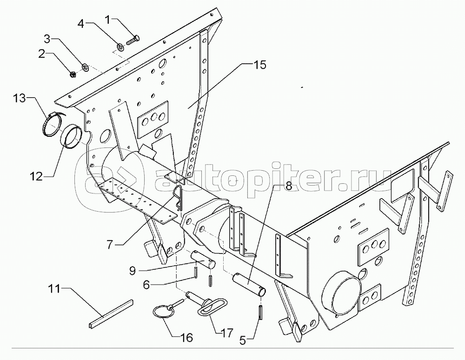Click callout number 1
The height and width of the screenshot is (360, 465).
tap(108, 20)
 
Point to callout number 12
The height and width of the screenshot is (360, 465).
tap(36, 176)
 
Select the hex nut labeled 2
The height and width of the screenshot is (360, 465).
tap(73, 73)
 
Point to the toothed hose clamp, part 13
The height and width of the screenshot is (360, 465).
tap(52, 124)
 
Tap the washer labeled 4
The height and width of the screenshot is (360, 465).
tap(120, 46)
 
